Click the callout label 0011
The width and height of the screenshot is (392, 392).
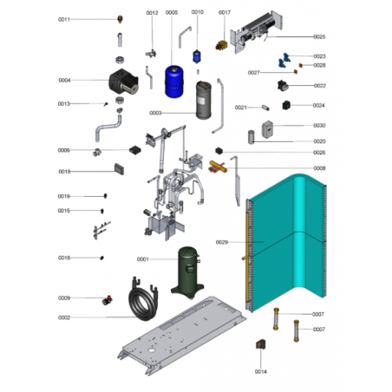pos(64,19)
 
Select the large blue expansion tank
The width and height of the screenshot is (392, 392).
pos(174,82)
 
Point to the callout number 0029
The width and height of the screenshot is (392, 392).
pos(222,242)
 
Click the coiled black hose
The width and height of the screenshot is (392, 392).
pos(143,299)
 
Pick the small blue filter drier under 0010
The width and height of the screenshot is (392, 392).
pos(197,56)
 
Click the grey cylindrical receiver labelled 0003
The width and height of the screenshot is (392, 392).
pos(204,100)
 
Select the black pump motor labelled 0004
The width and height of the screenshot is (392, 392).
pos(123,82)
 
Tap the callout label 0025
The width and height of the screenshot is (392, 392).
pos(319,36)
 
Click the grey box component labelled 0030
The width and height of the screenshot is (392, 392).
pos(267,129)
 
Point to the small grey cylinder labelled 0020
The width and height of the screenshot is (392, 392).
pos(252,137)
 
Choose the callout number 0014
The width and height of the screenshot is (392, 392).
pos(260,371)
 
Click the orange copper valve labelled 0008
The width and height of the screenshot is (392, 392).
pos(218,167)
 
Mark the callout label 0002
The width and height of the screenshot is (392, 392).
pos(64,317)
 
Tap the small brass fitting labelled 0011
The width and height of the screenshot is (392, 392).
pos(120,19)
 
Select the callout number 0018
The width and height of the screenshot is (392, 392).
pos(64,172)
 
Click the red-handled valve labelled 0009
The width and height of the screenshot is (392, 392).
pos(108,300)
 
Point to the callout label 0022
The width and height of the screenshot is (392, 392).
pos(320,86)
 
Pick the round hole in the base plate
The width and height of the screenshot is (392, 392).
pos(152,350)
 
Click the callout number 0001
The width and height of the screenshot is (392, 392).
pos(143,259)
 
